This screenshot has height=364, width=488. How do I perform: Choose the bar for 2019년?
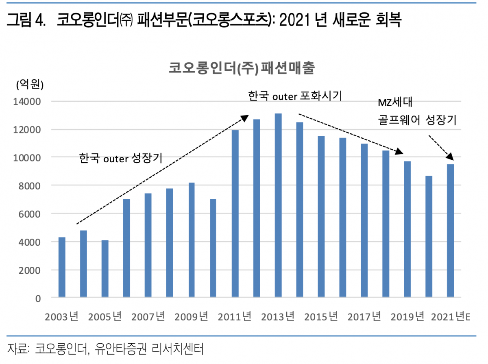coord(407,229)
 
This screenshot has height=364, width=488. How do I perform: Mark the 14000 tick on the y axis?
coord(29,102)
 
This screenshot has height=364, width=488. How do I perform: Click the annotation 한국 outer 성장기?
coord(121,158)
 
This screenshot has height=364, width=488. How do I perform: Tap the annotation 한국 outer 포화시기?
coord(295,96)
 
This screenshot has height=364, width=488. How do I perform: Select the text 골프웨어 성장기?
coord(417,120)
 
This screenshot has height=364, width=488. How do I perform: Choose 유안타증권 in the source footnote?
coord(120,349)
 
